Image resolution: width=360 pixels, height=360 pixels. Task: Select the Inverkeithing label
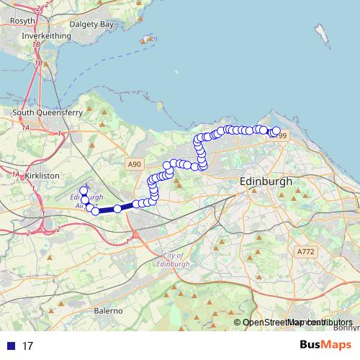pyautogui.click(x=46, y=35)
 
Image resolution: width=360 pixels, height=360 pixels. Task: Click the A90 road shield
pyautogui.click(x=134, y=165)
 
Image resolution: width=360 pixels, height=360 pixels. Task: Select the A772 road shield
pyautogui.click(x=305, y=251)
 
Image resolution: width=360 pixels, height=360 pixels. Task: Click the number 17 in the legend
pyautogui.click(x=28, y=346)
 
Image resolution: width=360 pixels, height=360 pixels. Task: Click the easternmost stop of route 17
pyautogui.click(x=276, y=131)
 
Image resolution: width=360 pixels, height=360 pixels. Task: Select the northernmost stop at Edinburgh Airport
pyautogui.click(x=83, y=190)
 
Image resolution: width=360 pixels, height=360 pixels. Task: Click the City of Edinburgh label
pyautogui.click(x=174, y=260)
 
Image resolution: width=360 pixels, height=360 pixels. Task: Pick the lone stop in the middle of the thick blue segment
pyautogui.click(x=117, y=209)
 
